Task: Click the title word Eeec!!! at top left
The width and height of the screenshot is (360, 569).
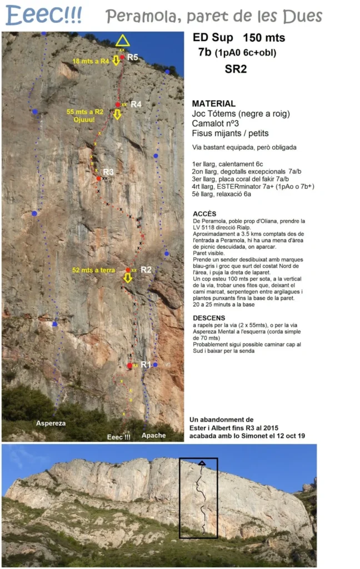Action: click(x=44, y=15)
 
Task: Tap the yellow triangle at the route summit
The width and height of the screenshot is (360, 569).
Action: click(x=122, y=41)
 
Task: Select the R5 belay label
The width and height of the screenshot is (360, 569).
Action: click(x=132, y=57)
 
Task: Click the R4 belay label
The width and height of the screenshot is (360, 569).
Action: click(x=136, y=104)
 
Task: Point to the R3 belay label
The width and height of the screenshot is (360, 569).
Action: click(x=108, y=172)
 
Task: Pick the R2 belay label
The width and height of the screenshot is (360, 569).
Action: click(x=146, y=269)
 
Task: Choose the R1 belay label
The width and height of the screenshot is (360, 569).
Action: click(x=146, y=364)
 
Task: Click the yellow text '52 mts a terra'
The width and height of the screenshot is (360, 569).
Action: click(x=93, y=270)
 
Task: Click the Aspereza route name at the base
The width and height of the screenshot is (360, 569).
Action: click(x=51, y=423)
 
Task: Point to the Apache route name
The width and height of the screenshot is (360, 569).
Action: click(x=153, y=435)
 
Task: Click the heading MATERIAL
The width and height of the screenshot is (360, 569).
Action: click(x=213, y=103)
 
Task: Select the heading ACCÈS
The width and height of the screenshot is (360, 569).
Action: click(x=204, y=213)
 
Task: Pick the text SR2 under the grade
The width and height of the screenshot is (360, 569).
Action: click(x=236, y=69)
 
